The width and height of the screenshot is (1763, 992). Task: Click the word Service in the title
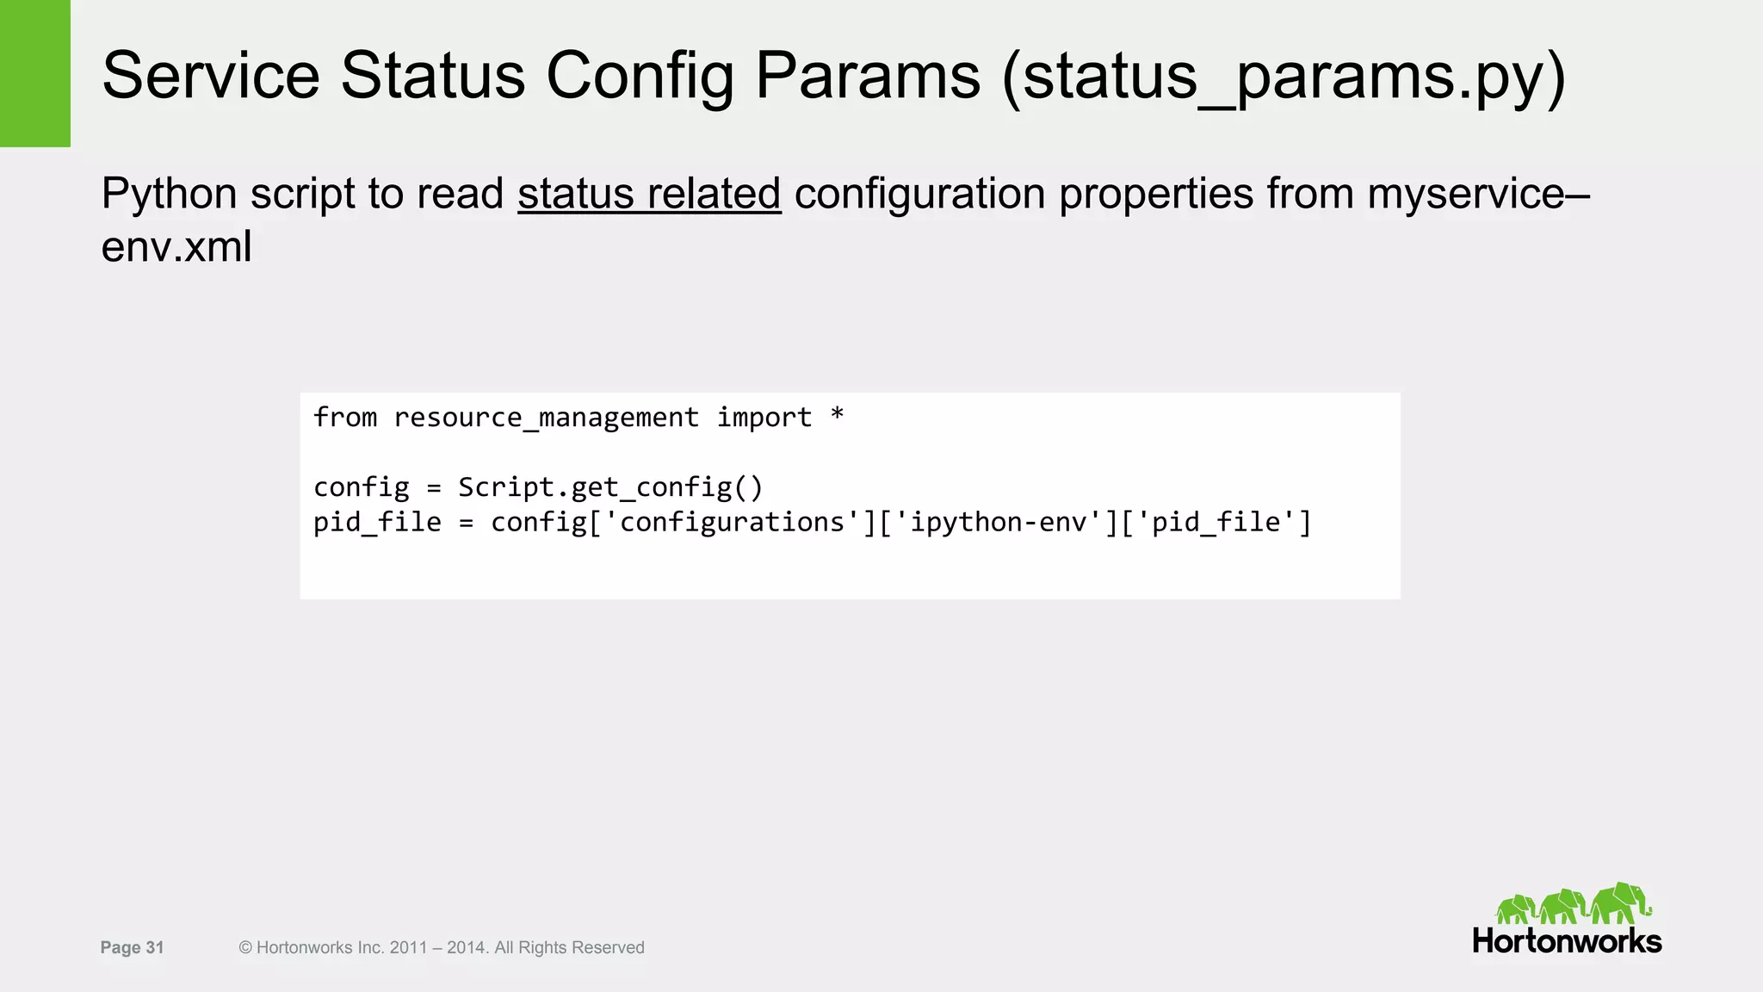coord(211,76)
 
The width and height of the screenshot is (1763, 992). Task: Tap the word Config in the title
coord(640,76)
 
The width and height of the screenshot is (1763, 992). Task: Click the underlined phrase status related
coord(649,194)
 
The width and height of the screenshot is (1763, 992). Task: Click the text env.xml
coord(176,247)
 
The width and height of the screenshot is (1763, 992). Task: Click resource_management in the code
coord(546,418)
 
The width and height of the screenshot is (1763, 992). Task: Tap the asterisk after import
coord(837,416)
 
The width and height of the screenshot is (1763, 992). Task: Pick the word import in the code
coord(764,418)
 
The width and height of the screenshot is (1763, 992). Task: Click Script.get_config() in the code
coord(610,488)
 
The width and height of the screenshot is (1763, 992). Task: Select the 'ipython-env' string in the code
coord(999,523)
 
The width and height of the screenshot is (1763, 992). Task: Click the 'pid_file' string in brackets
coord(1216,523)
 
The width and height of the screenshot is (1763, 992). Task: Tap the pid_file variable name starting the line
coord(377,523)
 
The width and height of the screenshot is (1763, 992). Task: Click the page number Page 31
coord(132,948)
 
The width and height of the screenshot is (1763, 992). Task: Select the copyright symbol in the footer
coord(245,948)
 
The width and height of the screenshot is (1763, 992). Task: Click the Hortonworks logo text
coord(1567,941)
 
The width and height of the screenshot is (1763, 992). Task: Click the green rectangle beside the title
coord(34,73)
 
